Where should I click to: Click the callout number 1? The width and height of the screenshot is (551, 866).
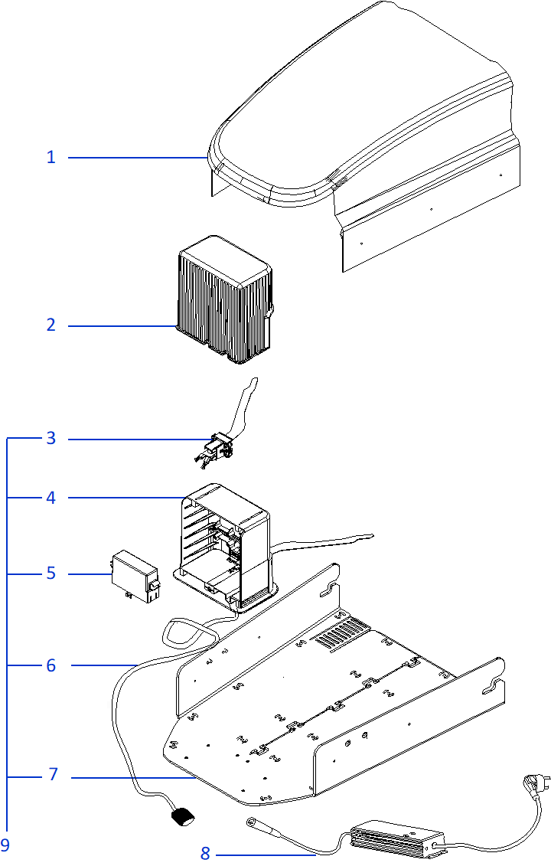pos(51,158)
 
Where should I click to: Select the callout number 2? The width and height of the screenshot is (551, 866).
pos(51,325)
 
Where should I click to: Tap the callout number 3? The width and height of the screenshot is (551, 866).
pos(51,439)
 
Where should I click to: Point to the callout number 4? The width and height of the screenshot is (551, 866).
pos(51,498)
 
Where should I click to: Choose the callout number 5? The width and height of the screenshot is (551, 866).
pos(51,574)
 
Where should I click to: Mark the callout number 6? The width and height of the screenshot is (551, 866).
pos(51,665)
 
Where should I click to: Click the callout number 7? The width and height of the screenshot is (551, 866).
pos(53,775)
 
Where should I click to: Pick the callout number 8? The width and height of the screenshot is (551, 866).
pos(205,853)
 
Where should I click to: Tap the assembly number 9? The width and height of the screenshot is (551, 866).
pos(5,845)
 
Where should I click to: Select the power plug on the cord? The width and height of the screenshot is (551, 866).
pos(531,784)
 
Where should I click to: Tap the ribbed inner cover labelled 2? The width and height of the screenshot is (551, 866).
pos(223,299)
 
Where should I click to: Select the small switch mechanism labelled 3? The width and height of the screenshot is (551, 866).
pos(217,448)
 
